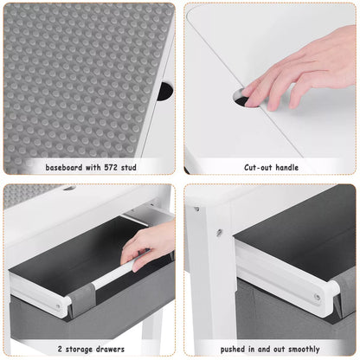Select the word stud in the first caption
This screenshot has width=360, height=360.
[x=129, y=168]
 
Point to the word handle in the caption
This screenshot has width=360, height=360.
[x=287, y=168]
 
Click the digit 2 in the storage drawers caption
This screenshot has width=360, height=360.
[x=60, y=349]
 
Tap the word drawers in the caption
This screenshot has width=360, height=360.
[x=110, y=349]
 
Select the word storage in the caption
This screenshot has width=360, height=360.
[x=79, y=350]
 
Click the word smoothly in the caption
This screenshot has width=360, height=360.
[x=304, y=350]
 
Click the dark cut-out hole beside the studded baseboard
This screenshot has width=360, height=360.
[x=165, y=91]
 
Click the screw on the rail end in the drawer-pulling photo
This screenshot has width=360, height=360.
[x=59, y=306]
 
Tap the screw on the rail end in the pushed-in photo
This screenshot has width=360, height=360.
[x=318, y=297]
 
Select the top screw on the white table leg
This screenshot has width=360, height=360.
[x=196, y=209]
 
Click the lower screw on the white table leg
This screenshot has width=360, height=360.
[x=220, y=232]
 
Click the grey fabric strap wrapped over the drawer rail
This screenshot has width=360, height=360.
[x=81, y=299]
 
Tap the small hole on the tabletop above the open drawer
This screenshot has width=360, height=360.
[x=69, y=188]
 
